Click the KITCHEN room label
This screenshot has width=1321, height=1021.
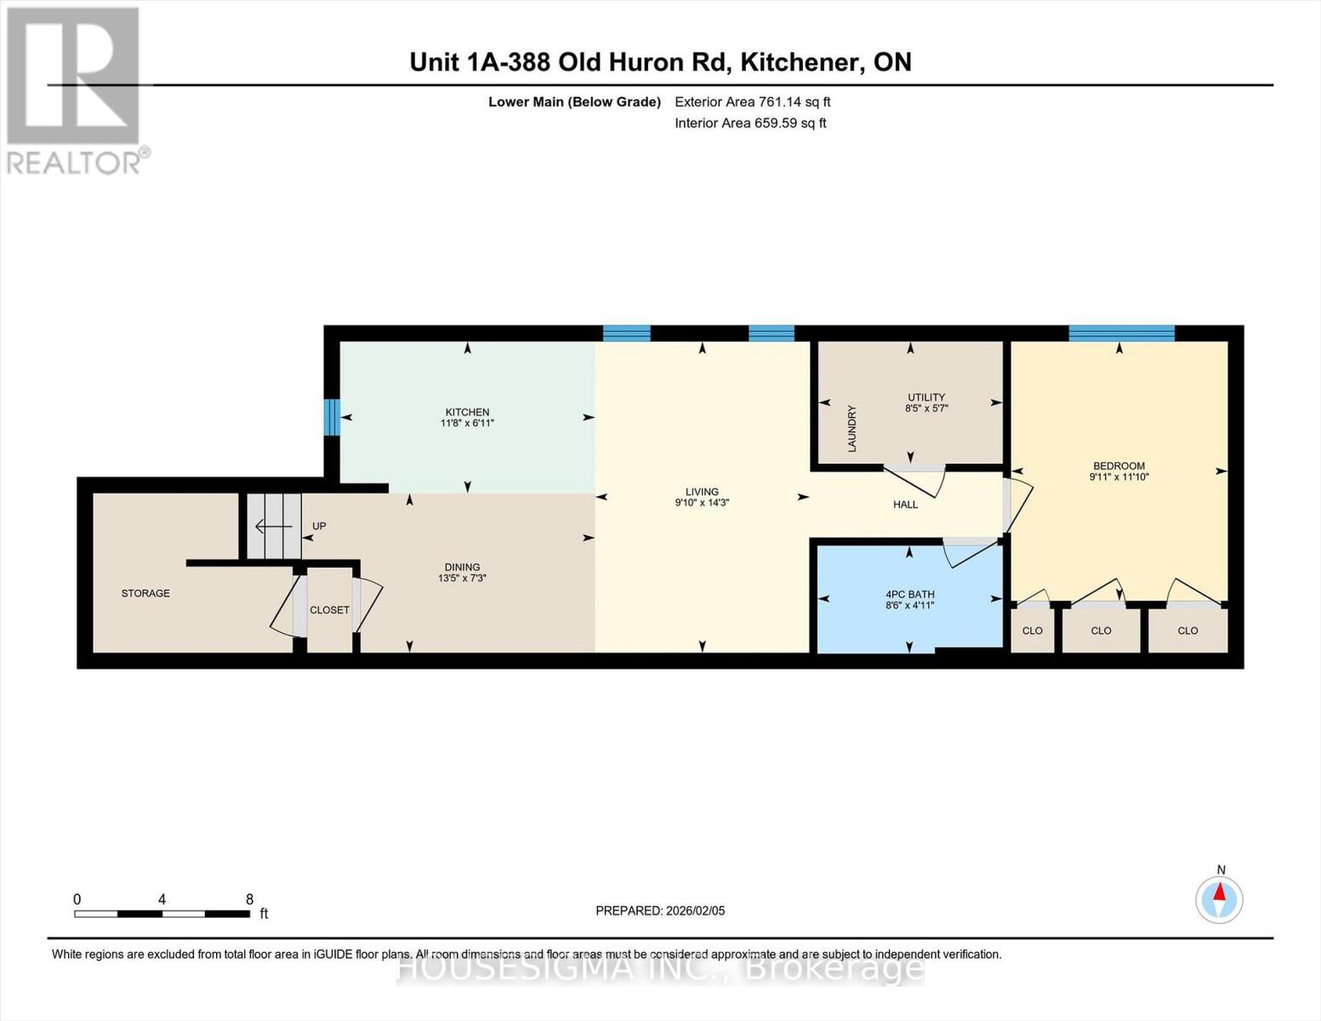[467, 412]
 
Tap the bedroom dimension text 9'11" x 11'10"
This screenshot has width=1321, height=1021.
[1119, 477]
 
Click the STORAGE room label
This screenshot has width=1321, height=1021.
[145, 593]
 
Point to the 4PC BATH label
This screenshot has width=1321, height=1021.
[909, 595]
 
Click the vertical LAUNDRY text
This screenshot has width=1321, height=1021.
[851, 428]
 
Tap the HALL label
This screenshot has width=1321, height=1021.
[905, 505]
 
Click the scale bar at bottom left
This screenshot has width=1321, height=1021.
[162, 914]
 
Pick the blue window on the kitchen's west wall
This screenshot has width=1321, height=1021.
[333, 417]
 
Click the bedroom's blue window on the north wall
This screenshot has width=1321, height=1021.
[1121, 333]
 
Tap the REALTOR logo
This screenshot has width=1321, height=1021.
[74, 89]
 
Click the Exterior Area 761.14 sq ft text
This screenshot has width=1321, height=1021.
[752, 102]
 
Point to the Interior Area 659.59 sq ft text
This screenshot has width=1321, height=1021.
[750, 123]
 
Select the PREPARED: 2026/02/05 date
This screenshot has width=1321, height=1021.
[660, 910]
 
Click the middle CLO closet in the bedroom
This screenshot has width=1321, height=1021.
[1101, 630]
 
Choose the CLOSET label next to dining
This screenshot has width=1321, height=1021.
[329, 610]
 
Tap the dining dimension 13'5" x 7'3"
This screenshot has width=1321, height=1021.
[462, 579]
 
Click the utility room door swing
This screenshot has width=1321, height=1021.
[919, 481]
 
